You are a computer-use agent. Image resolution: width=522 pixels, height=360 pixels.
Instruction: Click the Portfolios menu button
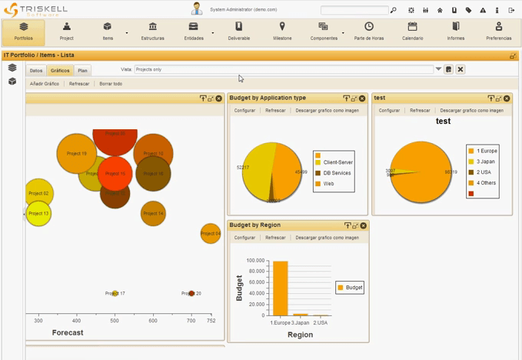23,32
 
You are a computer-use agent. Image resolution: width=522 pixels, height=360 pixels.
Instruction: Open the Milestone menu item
282,32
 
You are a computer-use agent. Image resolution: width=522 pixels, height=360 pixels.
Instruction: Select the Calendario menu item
412,32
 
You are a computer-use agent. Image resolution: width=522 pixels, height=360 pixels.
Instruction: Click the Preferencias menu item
498,32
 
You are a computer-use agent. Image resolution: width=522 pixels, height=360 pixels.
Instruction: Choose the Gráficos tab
60,70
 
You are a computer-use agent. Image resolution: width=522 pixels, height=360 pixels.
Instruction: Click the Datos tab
36,70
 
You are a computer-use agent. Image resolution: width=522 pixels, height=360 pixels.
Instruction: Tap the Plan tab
83,70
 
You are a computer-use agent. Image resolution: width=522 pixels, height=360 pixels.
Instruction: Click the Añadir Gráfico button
45,84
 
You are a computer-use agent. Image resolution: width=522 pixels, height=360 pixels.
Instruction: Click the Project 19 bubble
76,154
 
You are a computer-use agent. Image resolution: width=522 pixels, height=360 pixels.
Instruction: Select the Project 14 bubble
153,213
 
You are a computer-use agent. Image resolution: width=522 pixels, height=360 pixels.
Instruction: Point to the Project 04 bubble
211,233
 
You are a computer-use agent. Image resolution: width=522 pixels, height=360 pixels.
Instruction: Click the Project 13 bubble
39,213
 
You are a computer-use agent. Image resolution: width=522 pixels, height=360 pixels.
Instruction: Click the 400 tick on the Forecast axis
77,320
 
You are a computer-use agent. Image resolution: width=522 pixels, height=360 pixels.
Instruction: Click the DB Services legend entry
337,173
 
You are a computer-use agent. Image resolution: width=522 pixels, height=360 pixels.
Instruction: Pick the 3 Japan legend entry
486,162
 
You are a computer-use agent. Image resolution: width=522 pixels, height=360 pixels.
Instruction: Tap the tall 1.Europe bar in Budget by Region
280,288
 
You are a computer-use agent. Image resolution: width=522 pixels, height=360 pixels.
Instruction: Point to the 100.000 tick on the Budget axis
255,261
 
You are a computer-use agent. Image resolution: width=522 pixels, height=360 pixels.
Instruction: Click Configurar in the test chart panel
389,110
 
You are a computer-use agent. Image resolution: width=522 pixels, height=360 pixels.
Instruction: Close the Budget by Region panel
364,225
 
